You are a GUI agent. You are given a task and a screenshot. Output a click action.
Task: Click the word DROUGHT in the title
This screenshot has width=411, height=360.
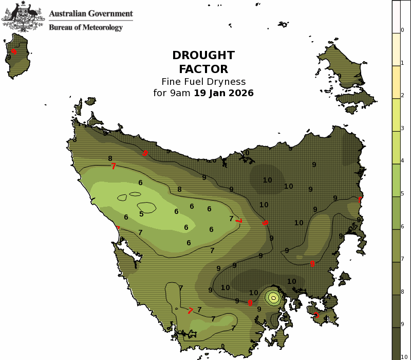pos(203,56)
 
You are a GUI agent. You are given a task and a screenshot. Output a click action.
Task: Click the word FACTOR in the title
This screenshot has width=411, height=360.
pos(203,68)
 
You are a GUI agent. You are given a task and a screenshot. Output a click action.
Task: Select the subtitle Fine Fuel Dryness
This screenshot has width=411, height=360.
pos(203,81)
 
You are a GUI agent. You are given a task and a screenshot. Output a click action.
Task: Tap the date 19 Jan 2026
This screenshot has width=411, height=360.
pos(223,93)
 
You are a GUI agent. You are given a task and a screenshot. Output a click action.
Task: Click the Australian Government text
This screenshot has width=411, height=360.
pos(90,14)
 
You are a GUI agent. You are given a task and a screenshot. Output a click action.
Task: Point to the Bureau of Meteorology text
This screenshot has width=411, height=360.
pos(86,27)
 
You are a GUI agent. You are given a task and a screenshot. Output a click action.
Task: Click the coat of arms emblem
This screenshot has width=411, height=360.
pos(23,15)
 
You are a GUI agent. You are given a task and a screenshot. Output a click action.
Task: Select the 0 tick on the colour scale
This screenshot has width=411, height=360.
pos(402,30)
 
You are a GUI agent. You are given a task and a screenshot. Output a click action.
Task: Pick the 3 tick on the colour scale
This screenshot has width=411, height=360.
pos(402,128)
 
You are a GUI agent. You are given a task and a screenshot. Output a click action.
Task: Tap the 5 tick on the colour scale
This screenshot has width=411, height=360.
pos(402,193)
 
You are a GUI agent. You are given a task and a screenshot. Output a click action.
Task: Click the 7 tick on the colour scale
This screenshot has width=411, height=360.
pos(402,259)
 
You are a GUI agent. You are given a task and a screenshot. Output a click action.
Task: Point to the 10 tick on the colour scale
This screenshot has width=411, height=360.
pos(404,356)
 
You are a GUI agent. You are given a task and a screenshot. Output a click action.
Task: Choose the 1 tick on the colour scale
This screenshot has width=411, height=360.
pos(402,63)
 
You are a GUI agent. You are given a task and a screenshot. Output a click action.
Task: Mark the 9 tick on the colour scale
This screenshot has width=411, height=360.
pos(402,324)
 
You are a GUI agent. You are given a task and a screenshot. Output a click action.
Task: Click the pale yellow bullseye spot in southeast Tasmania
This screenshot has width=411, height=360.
pos(274,297)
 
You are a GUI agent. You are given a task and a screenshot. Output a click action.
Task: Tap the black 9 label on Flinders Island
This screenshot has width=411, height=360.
pos(340,77)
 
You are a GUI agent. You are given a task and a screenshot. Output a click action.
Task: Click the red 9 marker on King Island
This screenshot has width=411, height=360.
pos(14,51)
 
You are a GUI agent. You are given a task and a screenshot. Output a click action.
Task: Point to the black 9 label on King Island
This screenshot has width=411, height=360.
pos(9,58)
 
